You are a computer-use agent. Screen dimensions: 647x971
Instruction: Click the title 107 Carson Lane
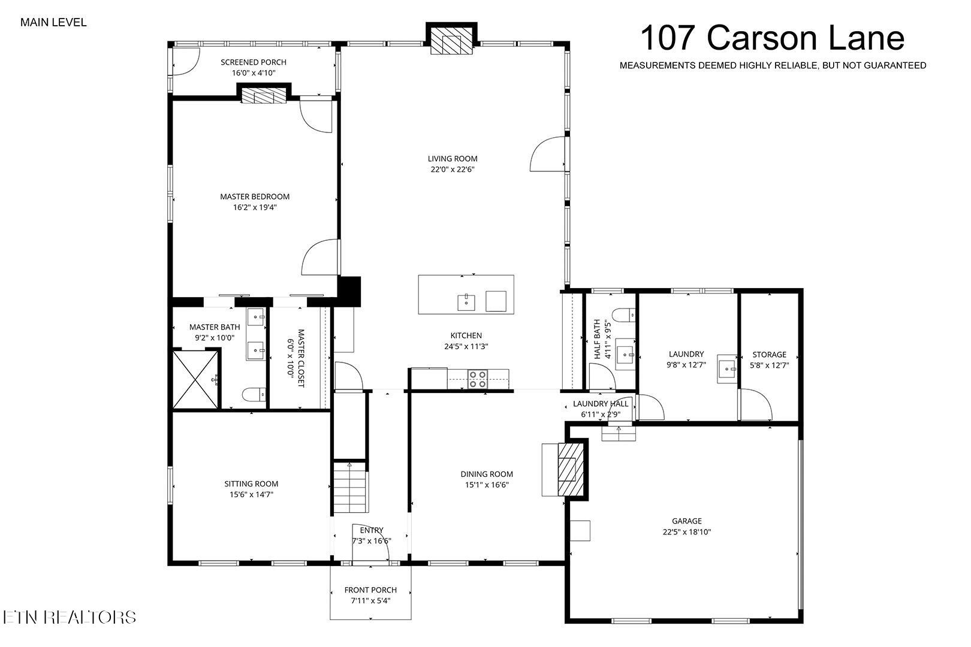coord(772,38)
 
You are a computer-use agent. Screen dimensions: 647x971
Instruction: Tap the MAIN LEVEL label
coord(53,23)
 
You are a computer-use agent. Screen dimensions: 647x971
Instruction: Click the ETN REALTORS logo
coord(69,617)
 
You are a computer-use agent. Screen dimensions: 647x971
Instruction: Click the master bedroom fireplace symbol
coord(264,96)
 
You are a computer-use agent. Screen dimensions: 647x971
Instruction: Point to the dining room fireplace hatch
coord(570,468)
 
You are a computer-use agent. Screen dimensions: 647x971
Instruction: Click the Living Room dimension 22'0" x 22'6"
coord(453,170)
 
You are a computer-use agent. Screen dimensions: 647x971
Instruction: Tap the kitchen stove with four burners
coord(478,379)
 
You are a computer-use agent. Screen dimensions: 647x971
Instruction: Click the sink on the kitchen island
coord(466,302)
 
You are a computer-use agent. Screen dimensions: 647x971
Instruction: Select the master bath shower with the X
coord(195,379)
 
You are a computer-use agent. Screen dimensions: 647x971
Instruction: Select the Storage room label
coord(769,355)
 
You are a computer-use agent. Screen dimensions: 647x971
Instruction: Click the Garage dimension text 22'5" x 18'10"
coord(686,532)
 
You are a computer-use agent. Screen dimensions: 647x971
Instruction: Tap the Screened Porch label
coord(254,62)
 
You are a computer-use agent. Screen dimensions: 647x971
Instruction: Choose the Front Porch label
coord(370,590)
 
